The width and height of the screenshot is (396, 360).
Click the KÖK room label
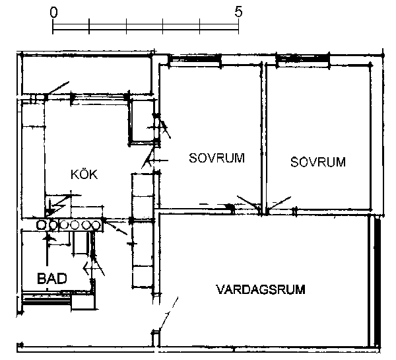(84, 174)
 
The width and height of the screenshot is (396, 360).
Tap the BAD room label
(52, 278)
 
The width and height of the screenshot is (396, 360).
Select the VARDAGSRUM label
(261, 289)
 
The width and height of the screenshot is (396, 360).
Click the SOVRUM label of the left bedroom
(217, 158)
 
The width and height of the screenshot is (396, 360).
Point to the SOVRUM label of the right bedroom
(318, 162)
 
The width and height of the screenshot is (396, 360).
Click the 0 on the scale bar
(53, 12)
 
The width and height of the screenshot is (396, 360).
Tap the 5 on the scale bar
(238, 12)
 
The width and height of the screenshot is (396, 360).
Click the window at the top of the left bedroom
(195, 61)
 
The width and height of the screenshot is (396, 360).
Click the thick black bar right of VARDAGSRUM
(377, 280)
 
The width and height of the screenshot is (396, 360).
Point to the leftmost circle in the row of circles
(40, 225)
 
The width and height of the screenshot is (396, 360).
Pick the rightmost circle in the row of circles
(96, 225)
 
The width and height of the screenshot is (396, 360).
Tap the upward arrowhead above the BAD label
(47, 237)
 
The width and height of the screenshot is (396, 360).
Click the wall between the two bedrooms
(264, 139)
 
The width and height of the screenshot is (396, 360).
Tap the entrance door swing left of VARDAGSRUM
(168, 314)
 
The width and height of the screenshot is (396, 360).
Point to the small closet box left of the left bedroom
(143, 121)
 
